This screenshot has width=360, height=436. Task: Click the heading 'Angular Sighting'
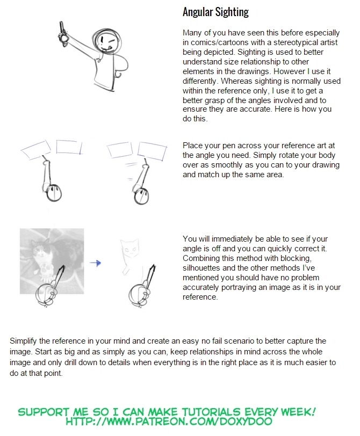pos(215,12)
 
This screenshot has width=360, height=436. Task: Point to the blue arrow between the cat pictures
pos(96,263)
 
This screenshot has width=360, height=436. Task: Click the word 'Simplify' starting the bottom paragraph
pos(26,341)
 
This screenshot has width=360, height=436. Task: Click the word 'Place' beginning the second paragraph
pos(193,146)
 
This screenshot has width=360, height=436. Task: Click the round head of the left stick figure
pos(52,192)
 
